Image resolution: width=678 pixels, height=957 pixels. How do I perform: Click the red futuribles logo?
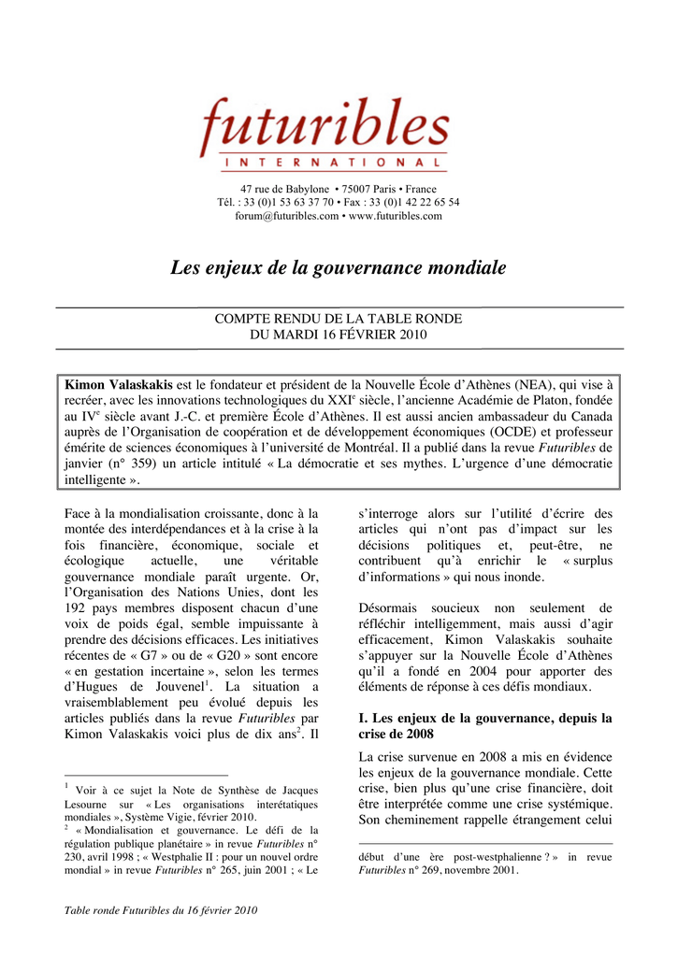(323, 128)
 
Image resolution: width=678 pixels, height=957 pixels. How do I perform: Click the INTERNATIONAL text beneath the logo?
(334, 164)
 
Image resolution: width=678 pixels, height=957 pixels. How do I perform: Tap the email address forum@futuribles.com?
(286, 216)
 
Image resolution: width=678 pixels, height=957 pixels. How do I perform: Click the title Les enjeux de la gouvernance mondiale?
(339, 269)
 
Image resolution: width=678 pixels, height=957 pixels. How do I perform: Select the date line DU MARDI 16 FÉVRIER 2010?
(339, 335)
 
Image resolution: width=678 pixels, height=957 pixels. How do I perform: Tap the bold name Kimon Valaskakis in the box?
(118, 384)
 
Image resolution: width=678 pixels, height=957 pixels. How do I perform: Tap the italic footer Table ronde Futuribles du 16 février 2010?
(160, 909)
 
